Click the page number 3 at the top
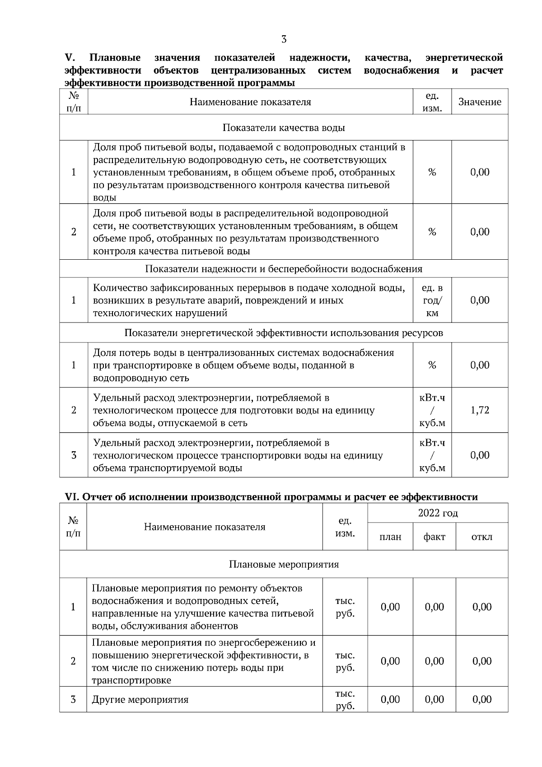[x=284, y=39]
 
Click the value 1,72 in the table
[x=480, y=410]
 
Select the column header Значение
[x=480, y=102]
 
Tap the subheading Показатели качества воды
[x=284, y=128]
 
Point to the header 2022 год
[x=438, y=513]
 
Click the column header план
[x=390, y=537]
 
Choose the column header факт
[x=434, y=537]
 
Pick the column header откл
[x=481, y=537]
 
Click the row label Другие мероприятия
[x=140, y=700]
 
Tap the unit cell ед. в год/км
[x=432, y=300]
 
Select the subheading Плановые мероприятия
[x=284, y=565]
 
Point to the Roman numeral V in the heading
[x=69, y=58]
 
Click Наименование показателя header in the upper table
[x=250, y=102]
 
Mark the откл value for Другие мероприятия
[x=481, y=700]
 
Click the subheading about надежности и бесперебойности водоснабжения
[x=284, y=269]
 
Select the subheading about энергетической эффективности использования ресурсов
[x=284, y=333]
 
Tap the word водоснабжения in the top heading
[x=401, y=70]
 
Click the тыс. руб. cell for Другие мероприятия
[x=345, y=700]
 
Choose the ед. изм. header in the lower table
[x=345, y=527]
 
